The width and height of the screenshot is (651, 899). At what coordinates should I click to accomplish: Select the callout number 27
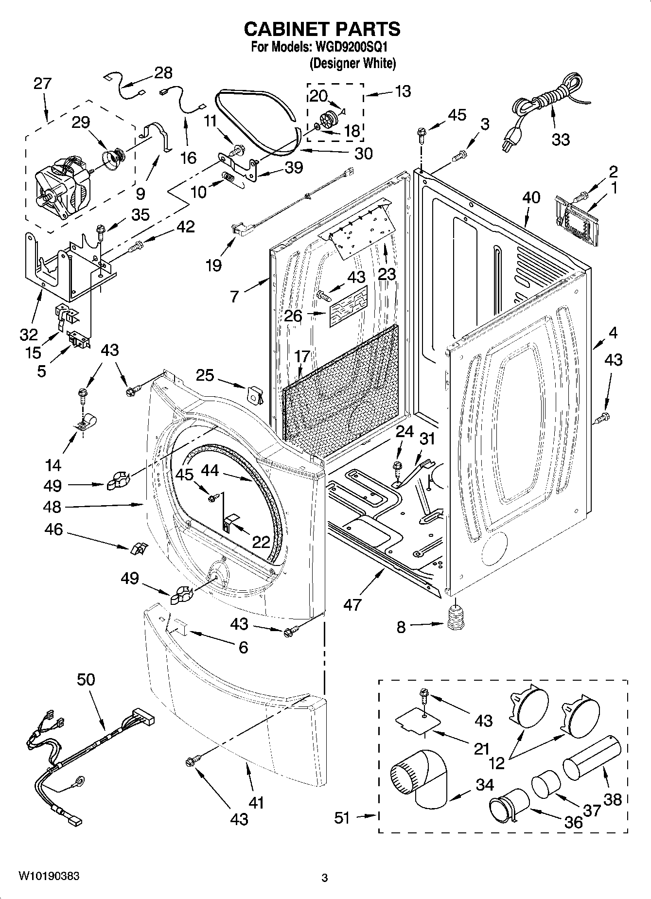(x=42, y=84)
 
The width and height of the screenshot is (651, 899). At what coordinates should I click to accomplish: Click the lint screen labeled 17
(x=340, y=389)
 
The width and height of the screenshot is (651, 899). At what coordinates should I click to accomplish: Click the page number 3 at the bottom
(x=325, y=878)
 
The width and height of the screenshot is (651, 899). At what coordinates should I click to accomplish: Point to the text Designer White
(x=352, y=63)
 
